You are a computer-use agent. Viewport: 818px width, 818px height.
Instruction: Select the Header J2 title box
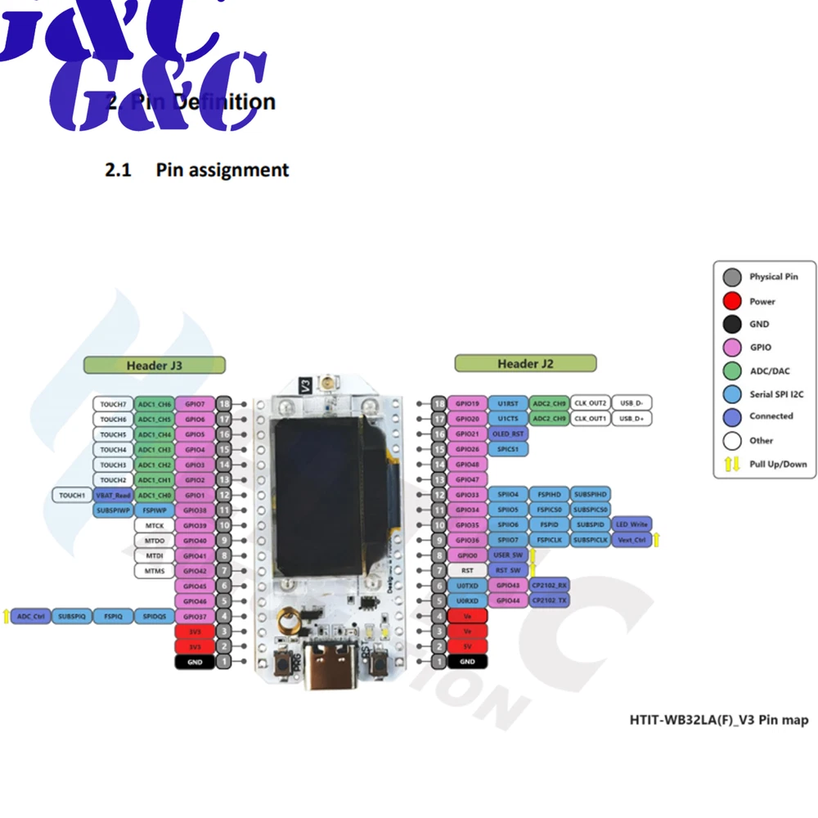click(x=525, y=363)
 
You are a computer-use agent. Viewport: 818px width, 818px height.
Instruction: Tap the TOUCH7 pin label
click(x=113, y=404)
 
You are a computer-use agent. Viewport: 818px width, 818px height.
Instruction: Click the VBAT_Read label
click(x=113, y=495)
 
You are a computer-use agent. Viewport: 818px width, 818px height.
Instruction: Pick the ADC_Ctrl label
click(x=30, y=616)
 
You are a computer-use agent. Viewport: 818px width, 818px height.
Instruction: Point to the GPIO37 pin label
click(x=195, y=616)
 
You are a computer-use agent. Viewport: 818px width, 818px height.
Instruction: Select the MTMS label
click(x=154, y=570)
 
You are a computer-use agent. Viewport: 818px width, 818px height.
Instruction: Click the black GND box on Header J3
click(x=195, y=661)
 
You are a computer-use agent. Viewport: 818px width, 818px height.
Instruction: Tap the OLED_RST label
click(x=508, y=434)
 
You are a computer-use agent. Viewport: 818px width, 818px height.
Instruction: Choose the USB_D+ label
click(x=632, y=419)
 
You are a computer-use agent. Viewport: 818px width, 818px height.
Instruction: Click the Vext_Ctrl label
click(x=632, y=540)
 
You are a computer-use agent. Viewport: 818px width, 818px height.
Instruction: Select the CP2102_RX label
click(x=550, y=585)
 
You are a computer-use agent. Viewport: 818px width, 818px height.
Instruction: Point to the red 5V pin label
click(x=467, y=646)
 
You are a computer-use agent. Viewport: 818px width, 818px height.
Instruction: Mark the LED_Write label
click(x=632, y=524)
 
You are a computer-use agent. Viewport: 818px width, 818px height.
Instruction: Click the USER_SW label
click(x=508, y=555)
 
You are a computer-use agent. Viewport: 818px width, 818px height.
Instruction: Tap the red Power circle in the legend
click(x=733, y=301)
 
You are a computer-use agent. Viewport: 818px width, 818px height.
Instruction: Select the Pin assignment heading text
click(x=222, y=170)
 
